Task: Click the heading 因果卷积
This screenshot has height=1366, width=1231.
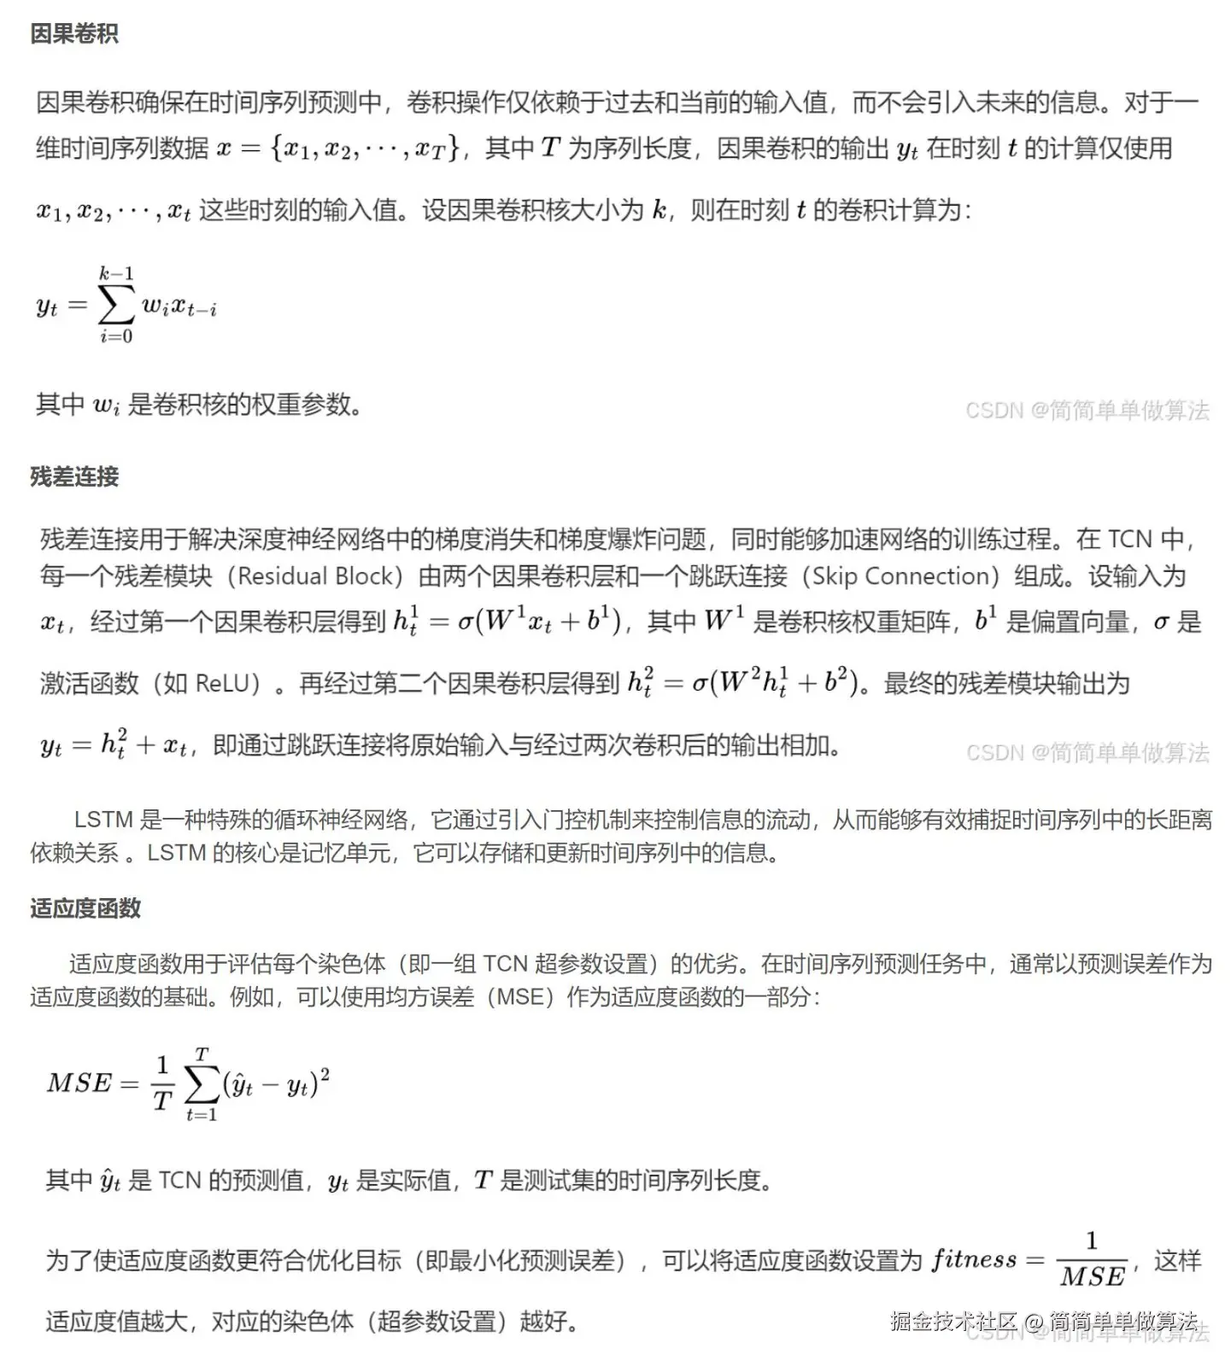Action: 74,34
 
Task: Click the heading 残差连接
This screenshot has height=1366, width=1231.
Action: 74,476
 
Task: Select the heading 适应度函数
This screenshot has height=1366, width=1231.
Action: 85,908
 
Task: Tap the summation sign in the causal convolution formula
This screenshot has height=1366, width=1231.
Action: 116,305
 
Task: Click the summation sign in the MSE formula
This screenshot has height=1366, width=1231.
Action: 202,1085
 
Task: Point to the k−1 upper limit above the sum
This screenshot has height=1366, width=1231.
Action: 116,274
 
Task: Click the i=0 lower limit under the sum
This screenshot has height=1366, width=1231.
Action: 116,336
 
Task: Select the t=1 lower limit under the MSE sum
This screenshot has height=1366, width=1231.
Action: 202,1115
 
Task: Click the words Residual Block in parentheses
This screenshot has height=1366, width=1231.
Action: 319,576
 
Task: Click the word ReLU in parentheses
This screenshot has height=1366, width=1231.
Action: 227,684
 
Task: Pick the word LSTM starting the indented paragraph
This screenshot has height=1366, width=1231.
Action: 103,820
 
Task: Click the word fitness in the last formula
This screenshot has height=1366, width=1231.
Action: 974,1260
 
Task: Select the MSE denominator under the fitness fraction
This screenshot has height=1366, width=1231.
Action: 1093,1277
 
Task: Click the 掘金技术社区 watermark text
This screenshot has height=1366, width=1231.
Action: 953,1322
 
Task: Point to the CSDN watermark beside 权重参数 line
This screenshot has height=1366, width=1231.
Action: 1087,411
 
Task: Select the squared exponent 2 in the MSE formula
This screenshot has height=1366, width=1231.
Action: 325,1070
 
